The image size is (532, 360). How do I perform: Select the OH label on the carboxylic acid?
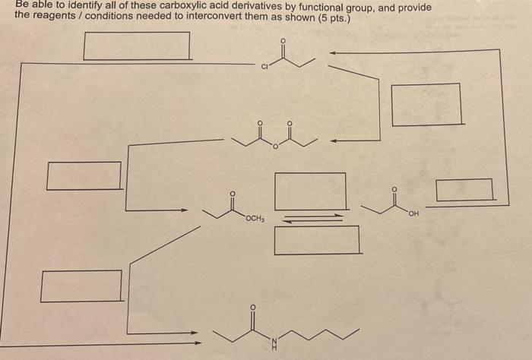(413, 214)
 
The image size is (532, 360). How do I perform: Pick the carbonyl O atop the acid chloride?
(283, 42)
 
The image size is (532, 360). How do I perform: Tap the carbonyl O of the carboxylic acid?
(393, 188)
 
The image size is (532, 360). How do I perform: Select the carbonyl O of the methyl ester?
(233, 194)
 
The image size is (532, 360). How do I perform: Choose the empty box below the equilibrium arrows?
(317, 240)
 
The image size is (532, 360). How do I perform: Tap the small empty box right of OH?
(464, 189)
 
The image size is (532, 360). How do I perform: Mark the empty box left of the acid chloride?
(137, 46)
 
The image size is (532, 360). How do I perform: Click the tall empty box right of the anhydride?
(426, 104)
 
